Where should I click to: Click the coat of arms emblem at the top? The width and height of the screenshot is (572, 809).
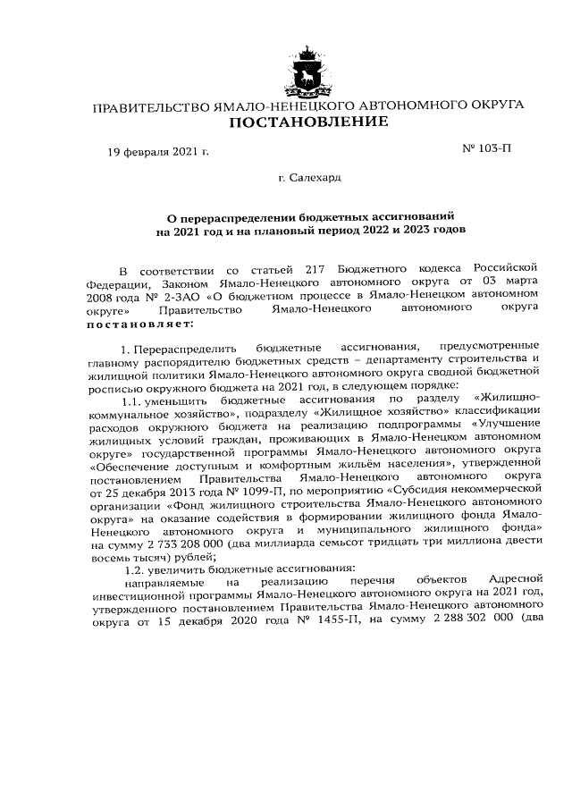point(309,63)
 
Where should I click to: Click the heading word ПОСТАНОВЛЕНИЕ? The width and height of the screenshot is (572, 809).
point(309,122)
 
